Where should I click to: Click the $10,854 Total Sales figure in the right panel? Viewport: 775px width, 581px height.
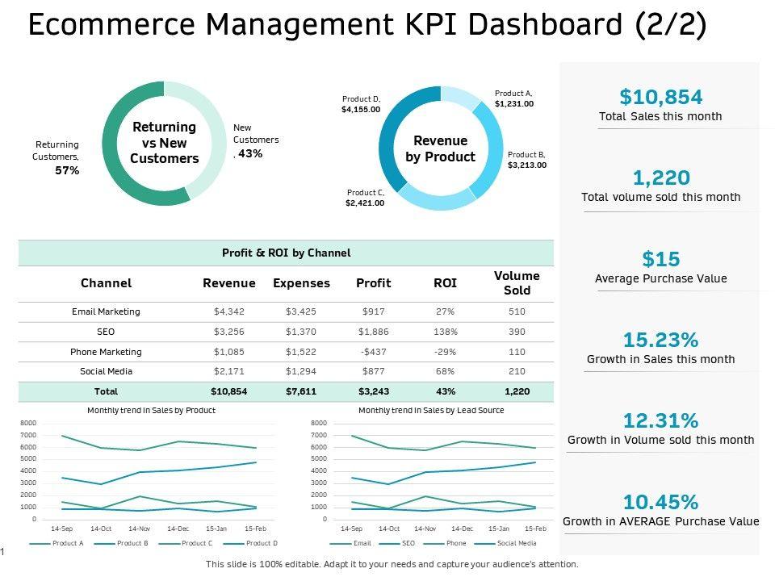[x=660, y=97]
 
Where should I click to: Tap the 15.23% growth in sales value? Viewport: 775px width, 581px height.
[x=660, y=340]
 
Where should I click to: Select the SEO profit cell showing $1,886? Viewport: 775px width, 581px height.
[x=373, y=332]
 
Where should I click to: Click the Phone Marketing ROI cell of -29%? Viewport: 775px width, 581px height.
[x=445, y=352]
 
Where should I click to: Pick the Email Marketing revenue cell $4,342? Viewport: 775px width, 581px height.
[x=228, y=311]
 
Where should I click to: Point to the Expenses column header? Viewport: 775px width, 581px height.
[x=301, y=283]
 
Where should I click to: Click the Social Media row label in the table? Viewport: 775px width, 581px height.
[x=106, y=371]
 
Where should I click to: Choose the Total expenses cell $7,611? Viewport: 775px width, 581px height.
[x=301, y=391]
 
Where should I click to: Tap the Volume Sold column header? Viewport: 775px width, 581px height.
[x=517, y=283]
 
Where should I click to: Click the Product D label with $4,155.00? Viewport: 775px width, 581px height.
[x=360, y=104]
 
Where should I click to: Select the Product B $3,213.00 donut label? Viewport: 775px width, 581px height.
[x=526, y=160]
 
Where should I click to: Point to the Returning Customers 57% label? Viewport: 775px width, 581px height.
[x=57, y=157]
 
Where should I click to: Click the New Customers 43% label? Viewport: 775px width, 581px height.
[x=255, y=140]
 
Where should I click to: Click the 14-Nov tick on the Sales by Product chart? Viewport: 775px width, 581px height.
[x=139, y=529]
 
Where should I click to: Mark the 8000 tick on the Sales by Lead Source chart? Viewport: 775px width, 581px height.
[x=318, y=423]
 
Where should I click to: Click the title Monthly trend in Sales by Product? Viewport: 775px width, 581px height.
[x=151, y=411]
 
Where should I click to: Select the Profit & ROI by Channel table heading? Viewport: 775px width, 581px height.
[x=286, y=253]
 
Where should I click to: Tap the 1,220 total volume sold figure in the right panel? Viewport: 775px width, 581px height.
[x=660, y=178]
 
